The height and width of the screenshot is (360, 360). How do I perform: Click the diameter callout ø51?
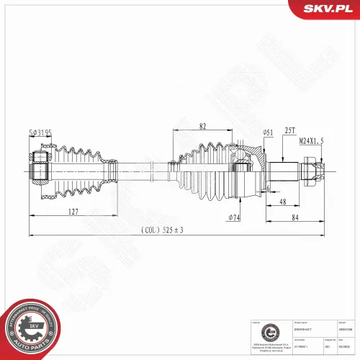pyautogui.click(x=268, y=132)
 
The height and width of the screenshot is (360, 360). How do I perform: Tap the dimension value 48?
pyautogui.click(x=283, y=202)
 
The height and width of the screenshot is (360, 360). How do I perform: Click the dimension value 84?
pyautogui.click(x=296, y=218)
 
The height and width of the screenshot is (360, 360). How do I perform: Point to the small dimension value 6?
pyautogui.click(x=266, y=188)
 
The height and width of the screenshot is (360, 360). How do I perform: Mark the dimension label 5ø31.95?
pyautogui.click(x=40, y=132)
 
